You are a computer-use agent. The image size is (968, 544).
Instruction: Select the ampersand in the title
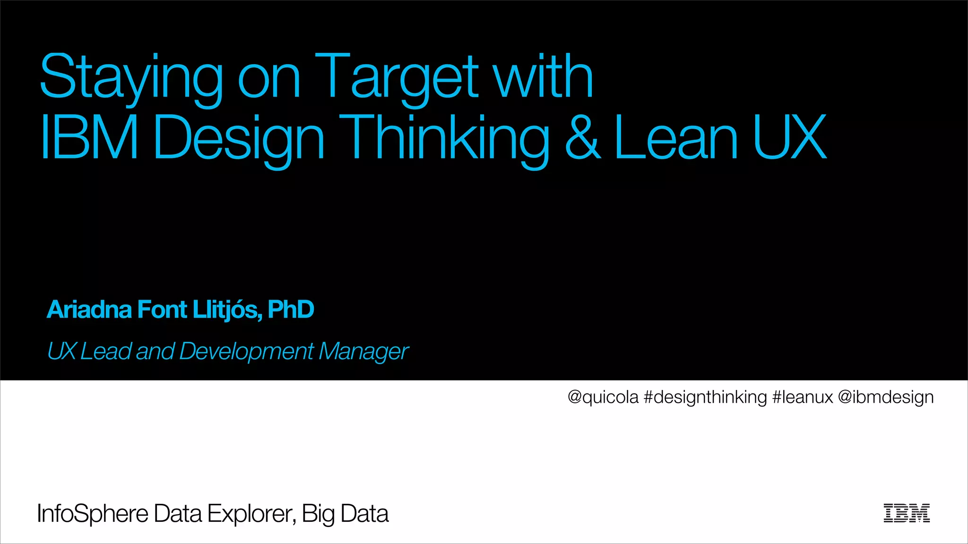pyautogui.click(x=583, y=138)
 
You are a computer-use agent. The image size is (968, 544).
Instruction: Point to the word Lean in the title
pyautogui.click(x=676, y=138)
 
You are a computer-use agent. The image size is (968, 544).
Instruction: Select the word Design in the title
pyautogui.click(x=239, y=138)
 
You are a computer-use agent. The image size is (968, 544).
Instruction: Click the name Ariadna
pyautogui.click(x=89, y=310)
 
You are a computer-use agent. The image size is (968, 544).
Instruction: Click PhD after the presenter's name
pyautogui.click(x=291, y=310)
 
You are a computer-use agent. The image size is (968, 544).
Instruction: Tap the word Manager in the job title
pyautogui.click(x=363, y=352)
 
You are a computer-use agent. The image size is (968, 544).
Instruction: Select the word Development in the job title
pyautogui.click(x=246, y=352)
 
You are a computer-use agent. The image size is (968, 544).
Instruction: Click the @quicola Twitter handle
pyautogui.click(x=603, y=397)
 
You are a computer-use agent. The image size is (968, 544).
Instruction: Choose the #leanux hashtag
pyautogui.click(x=803, y=397)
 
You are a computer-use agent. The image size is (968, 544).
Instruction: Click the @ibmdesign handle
pyautogui.click(x=886, y=397)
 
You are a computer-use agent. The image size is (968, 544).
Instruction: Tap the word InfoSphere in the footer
pyautogui.click(x=93, y=514)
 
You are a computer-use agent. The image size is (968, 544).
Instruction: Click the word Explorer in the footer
pyautogui.click(x=251, y=514)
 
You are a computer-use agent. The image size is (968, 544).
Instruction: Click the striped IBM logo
pyautogui.click(x=907, y=513)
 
